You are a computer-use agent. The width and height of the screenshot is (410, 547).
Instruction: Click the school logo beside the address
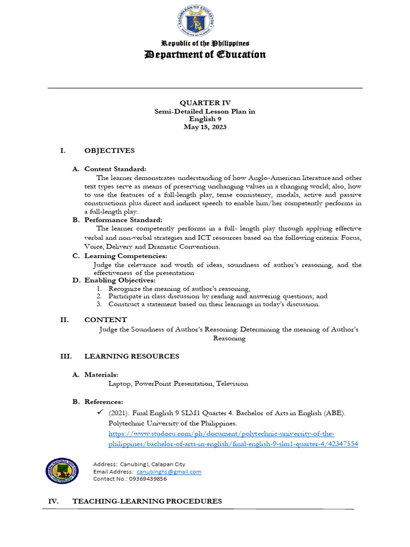click(61, 472)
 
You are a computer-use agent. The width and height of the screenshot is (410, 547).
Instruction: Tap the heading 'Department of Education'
click(205, 54)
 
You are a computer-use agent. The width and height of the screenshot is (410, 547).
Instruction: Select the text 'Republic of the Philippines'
click(206, 43)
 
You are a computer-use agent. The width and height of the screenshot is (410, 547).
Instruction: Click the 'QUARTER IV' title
click(205, 103)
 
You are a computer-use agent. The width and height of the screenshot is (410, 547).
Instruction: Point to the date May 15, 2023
click(205, 127)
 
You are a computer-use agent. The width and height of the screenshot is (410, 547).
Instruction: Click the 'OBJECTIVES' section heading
click(109, 151)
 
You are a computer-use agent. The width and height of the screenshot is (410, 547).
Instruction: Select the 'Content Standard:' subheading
click(115, 169)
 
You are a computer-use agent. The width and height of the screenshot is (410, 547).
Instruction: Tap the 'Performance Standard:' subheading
click(123, 220)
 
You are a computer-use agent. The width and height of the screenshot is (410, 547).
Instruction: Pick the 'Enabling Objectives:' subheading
click(120, 280)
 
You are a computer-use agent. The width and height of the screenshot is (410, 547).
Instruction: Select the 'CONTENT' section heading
click(106, 320)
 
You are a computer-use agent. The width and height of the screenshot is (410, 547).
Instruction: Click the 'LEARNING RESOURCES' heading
click(132, 356)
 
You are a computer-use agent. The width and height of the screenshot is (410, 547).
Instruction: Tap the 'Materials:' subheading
click(101, 374)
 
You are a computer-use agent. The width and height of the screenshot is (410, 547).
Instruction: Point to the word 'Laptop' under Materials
click(120, 384)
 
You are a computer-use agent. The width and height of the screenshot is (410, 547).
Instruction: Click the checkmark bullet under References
click(99, 413)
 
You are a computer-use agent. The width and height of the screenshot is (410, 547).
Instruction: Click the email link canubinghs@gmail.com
click(169, 472)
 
